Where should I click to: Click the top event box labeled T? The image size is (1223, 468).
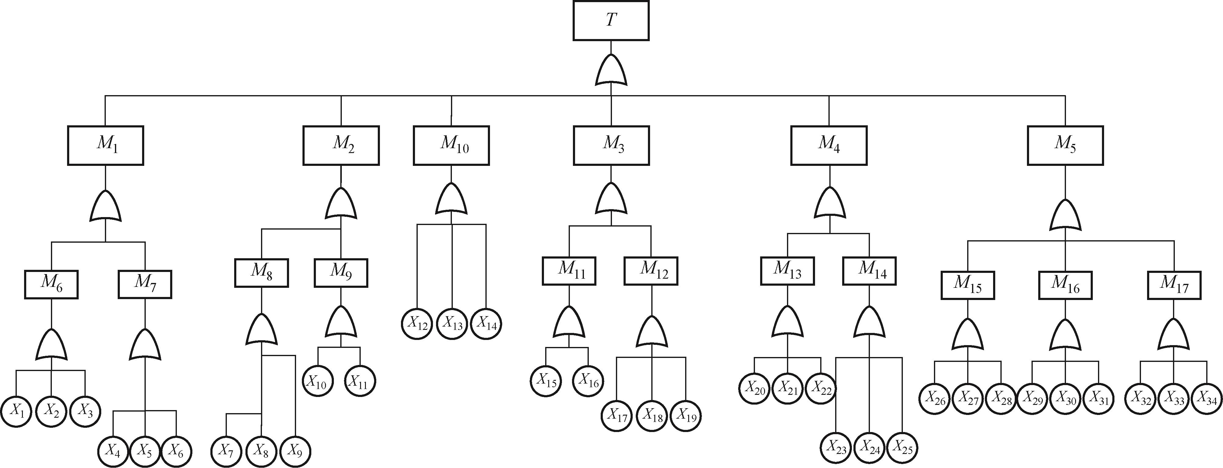[x=610, y=21]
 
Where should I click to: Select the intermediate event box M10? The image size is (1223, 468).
[x=451, y=145]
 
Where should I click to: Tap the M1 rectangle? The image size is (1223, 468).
[x=105, y=145]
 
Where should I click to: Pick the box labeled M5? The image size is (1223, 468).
[x=1065, y=145]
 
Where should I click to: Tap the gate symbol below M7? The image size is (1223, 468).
[x=145, y=345]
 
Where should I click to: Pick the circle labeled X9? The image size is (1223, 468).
[x=295, y=452]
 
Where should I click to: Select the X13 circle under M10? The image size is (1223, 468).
[x=452, y=324]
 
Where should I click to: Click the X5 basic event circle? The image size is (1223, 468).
[x=145, y=452]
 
